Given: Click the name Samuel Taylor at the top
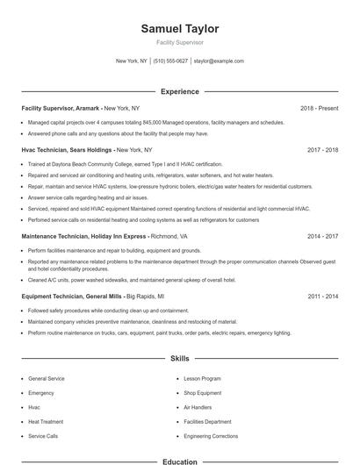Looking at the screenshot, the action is (180, 29).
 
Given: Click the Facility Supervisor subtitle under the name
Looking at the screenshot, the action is (180, 42).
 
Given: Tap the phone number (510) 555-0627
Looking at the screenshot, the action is (170, 61).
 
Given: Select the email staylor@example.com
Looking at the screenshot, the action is (219, 61).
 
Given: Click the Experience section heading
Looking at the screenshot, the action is (180, 91).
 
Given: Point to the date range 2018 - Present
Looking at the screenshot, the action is (319, 108).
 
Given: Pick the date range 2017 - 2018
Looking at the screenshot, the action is (323, 150).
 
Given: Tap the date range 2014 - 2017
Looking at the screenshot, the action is (323, 236).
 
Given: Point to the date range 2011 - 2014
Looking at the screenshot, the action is (323, 297).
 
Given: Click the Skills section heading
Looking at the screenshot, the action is (180, 359).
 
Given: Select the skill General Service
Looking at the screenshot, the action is (47, 378).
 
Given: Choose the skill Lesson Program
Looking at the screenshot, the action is (202, 378).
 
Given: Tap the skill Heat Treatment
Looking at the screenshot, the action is (46, 421).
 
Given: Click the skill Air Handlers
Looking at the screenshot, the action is (198, 407).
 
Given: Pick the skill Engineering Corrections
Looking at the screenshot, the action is (211, 436).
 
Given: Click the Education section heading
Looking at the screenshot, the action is (180, 461).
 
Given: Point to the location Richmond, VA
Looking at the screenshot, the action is (169, 236).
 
